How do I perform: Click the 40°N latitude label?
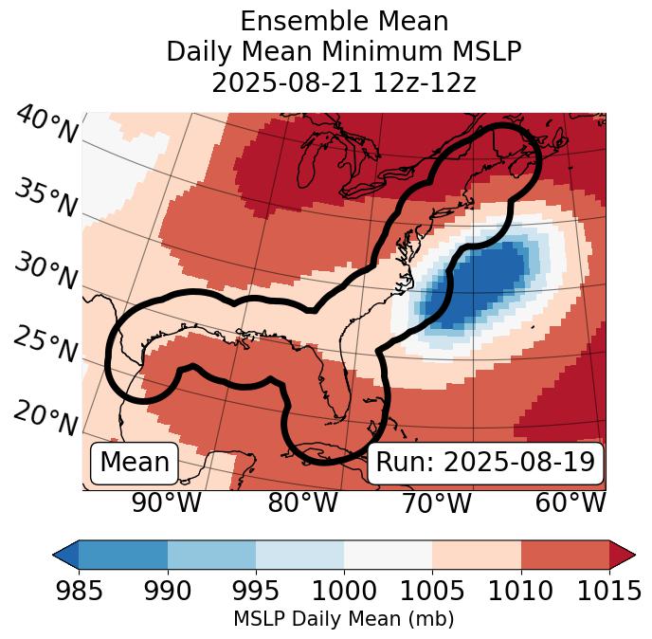click(x=46, y=125)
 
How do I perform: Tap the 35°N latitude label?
click(x=45, y=196)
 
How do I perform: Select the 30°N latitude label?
click(x=45, y=271)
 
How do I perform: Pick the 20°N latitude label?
click(x=45, y=418)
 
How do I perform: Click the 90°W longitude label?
click(x=166, y=503)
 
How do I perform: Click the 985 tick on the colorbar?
click(x=79, y=591)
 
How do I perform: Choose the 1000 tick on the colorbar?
click(x=344, y=591)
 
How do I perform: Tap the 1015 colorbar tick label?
click(x=608, y=591)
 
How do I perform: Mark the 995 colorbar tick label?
click(x=256, y=591)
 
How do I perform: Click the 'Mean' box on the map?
click(x=135, y=463)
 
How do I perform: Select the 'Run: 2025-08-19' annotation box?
click(x=485, y=463)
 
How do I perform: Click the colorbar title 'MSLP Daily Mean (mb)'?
click(x=343, y=619)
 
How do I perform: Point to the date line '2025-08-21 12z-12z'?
click(x=343, y=82)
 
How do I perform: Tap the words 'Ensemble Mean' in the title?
click(x=343, y=21)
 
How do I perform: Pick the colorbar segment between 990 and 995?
click(x=211, y=554)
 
